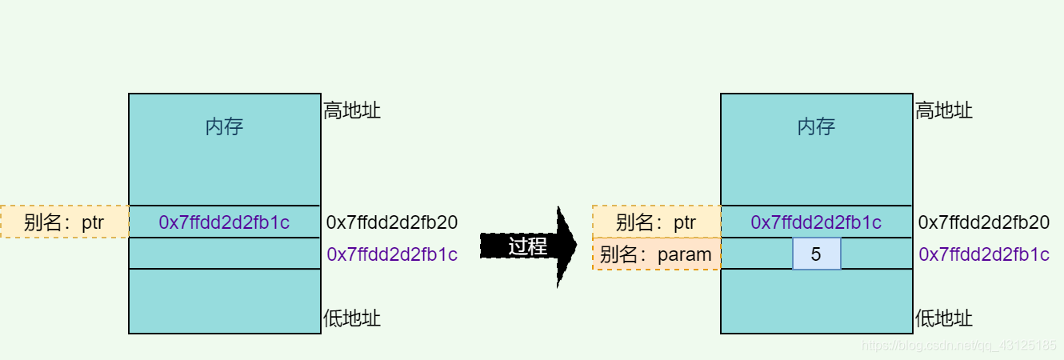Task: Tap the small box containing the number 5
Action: [816, 254]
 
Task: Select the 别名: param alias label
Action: [656, 254]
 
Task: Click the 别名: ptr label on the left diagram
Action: [64, 222]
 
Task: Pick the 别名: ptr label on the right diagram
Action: [656, 222]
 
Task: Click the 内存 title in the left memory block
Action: [224, 126]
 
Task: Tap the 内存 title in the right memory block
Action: [816, 126]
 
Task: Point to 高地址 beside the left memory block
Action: [352, 110]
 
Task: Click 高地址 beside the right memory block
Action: [944, 110]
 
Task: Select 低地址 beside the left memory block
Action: [352, 318]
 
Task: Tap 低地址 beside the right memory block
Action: [944, 318]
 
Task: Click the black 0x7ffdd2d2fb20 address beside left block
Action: [392, 222]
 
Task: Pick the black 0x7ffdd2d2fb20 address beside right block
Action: [984, 222]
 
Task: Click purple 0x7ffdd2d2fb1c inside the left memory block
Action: [224, 222]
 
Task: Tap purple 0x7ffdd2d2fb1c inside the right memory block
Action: [816, 222]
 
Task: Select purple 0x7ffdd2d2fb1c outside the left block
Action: [392, 254]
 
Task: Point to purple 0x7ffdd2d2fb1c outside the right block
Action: [984, 254]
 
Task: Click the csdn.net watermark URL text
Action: [957, 346]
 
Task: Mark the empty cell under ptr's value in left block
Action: [224, 254]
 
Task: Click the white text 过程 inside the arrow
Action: [527, 246]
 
